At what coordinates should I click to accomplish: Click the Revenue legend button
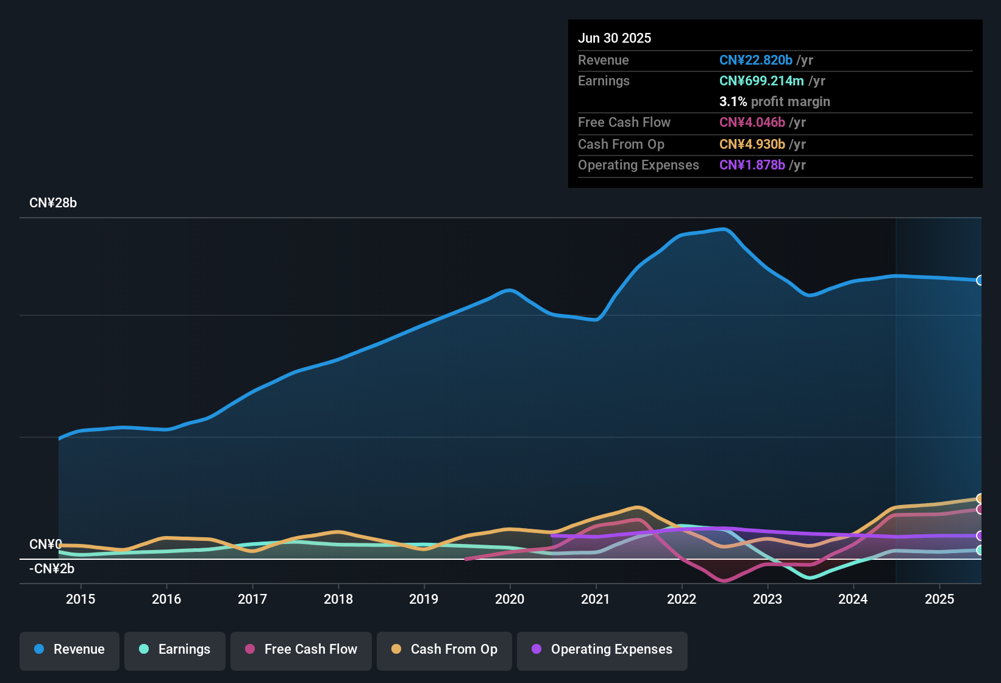click(69, 649)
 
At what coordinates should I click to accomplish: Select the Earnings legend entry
click(174, 649)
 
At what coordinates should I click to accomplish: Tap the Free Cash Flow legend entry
click(301, 649)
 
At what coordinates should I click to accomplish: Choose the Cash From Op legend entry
click(444, 649)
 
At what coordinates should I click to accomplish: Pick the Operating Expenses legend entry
click(602, 649)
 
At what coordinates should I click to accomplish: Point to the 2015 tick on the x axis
click(80, 599)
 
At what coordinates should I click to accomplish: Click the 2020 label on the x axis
click(510, 599)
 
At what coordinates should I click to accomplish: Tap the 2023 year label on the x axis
click(767, 599)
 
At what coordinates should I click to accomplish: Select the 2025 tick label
click(939, 599)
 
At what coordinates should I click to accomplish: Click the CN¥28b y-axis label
click(53, 203)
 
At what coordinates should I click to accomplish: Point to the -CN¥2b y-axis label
click(52, 569)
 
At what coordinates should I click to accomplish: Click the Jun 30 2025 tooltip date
click(614, 38)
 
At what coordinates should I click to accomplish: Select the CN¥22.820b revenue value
click(755, 60)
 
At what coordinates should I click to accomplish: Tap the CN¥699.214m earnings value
click(761, 80)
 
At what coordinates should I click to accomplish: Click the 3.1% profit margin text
click(774, 101)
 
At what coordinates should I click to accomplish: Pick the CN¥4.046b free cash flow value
click(752, 122)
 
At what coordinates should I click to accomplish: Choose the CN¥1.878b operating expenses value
click(752, 165)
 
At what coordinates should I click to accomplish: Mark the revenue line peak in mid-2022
click(724, 229)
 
